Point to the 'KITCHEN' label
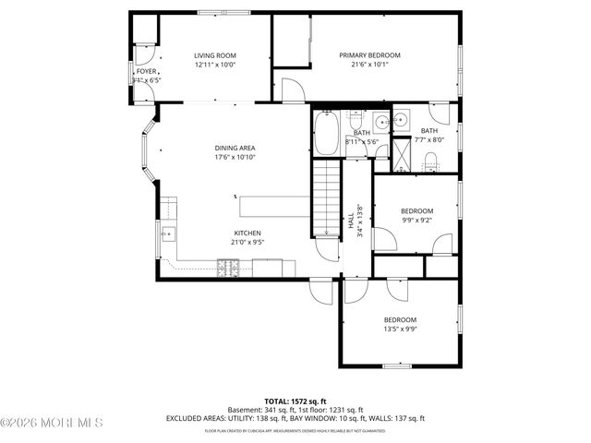[x=247, y=233]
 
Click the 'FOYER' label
[x=146, y=71]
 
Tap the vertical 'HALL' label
[x=351, y=222]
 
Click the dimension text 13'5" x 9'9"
[x=400, y=329]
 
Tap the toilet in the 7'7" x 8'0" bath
[x=430, y=162]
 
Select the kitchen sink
[x=167, y=234]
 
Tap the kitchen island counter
[x=271, y=205]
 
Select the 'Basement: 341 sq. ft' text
[x=259, y=411]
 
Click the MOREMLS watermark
[x=52, y=423]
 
